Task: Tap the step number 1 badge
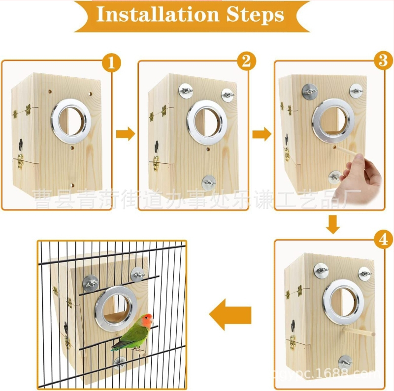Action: click(111, 63)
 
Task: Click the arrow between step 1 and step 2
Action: click(126, 133)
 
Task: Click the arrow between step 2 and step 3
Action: click(262, 133)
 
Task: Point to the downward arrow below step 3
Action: click(333, 224)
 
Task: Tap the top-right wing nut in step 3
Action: click(357, 90)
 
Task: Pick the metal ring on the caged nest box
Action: click(113, 309)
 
